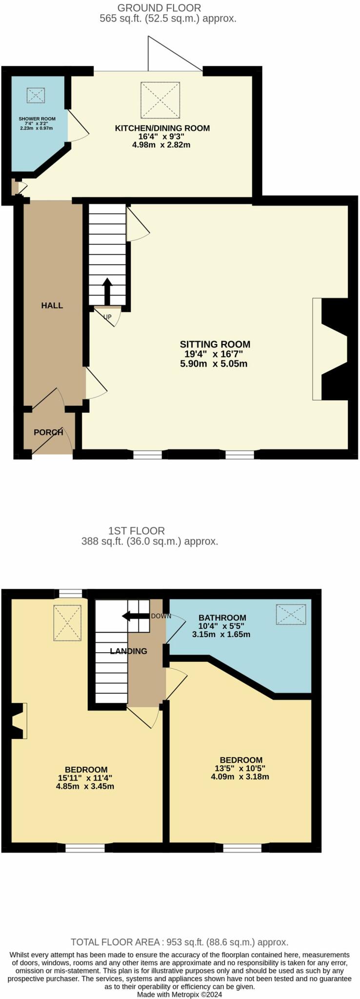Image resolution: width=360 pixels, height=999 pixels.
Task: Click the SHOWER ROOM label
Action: [37, 119]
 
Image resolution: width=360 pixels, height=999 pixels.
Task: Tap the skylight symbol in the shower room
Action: [36, 95]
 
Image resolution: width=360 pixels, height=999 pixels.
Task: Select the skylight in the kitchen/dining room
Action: [160, 100]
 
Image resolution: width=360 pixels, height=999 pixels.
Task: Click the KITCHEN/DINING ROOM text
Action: [162, 128]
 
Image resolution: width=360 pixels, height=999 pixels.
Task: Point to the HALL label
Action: [52, 305]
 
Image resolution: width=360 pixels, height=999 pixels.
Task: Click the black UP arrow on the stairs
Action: [107, 291]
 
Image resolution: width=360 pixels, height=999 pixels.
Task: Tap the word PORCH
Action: [48, 432]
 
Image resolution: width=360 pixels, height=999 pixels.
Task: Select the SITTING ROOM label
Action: [215, 344]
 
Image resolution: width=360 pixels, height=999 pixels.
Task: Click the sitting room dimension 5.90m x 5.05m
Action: [215, 364]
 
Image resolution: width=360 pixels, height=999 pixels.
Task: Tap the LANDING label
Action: [128, 651]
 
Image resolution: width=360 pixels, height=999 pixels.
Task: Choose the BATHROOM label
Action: [222, 618]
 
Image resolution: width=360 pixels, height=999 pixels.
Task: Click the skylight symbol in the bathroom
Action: [291, 614]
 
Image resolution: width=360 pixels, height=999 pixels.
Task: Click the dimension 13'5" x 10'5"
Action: [241, 768]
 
